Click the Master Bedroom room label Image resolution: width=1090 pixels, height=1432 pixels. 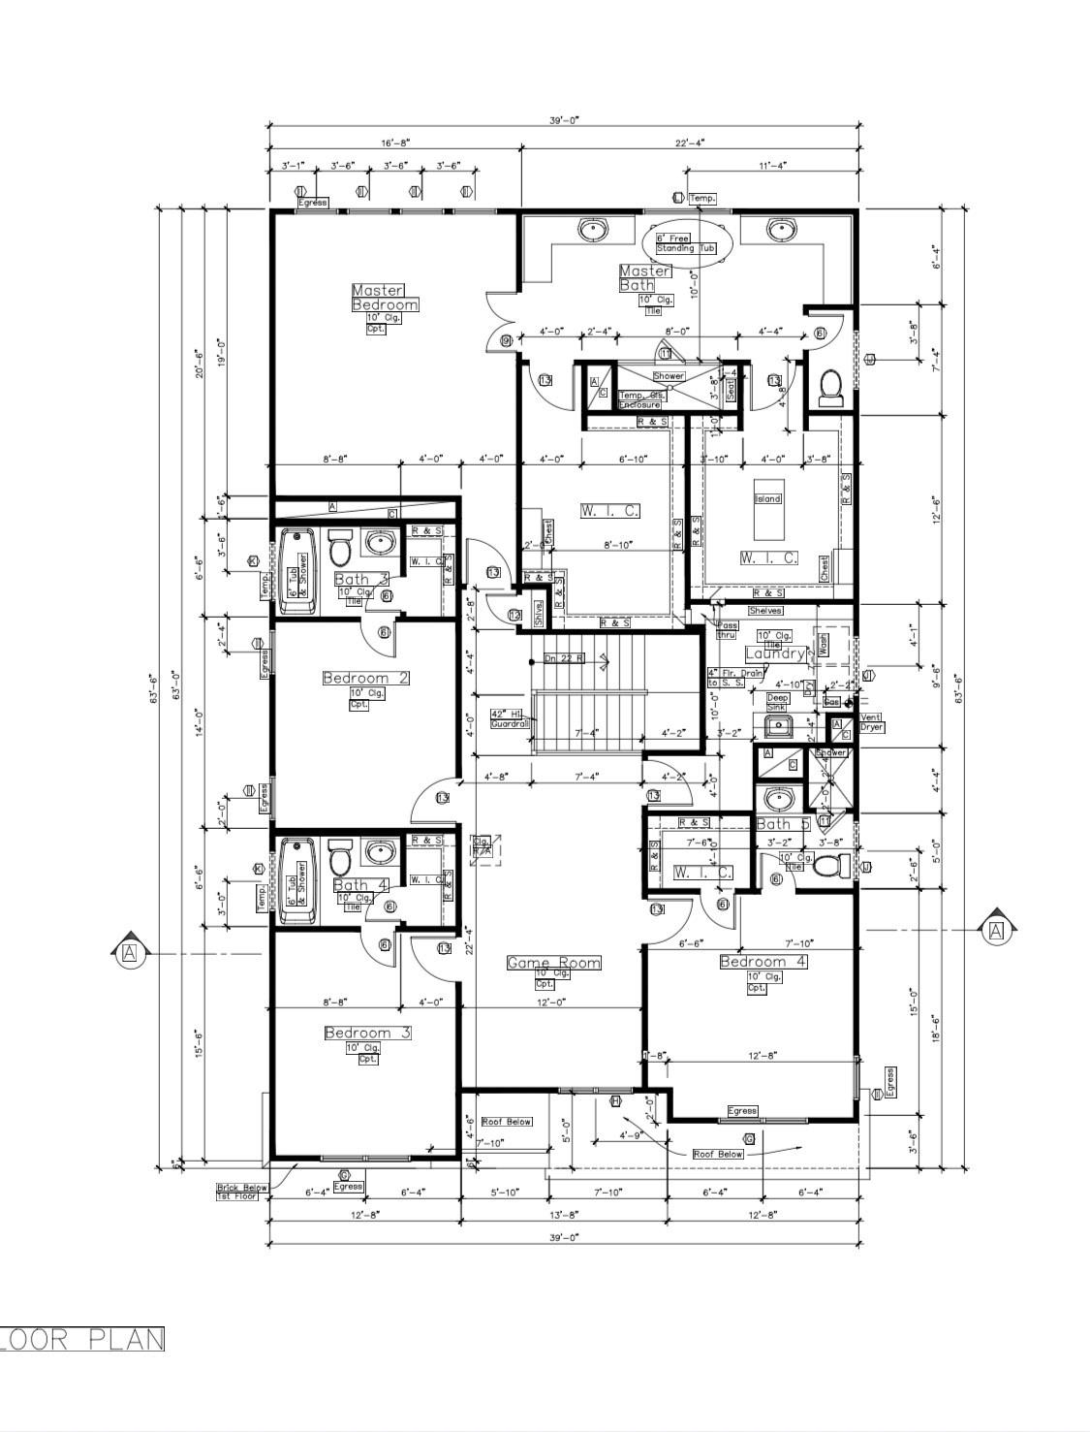(x=385, y=298)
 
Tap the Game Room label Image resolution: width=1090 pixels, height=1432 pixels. (x=553, y=963)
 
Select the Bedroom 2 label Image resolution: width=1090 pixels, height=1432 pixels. (x=365, y=679)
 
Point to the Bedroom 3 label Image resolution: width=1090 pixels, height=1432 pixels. (x=367, y=1034)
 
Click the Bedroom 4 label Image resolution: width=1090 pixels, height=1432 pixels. (x=763, y=962)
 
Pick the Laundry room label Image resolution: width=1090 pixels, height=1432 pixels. (x=775, y=654)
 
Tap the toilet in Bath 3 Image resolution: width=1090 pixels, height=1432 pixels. (x=339, y=549)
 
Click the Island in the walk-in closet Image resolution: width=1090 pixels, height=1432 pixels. (x=767, y=511)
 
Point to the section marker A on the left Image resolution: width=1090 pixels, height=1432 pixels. (x=130, y=954)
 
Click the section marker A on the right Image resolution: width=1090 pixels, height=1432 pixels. (x=996, y=931)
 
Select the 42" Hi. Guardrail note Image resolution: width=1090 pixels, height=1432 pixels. (x=511, y=717)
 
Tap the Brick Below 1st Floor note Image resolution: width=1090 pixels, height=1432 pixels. (x=241, y=1192)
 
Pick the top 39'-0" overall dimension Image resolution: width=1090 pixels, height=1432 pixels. (x=563, y=120)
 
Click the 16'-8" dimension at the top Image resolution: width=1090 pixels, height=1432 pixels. (x=393, y=143)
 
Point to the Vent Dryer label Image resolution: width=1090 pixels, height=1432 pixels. (x=872, y=722)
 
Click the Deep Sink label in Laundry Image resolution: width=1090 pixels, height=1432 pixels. (x=778, y=702)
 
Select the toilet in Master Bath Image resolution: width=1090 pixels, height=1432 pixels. (x=829, y=388)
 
